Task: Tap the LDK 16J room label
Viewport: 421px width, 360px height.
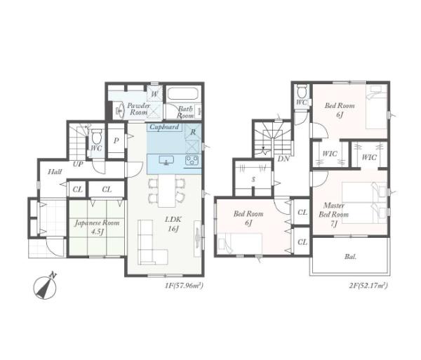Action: click(173, 224)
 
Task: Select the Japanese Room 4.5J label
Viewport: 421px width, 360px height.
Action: click(97, 227)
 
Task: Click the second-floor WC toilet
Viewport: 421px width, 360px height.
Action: click(302, 91)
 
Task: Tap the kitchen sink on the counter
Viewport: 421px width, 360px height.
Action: click(166, 160)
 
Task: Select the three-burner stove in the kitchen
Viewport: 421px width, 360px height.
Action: click(192, 160)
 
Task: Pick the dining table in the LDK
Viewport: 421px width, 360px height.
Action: click(166, 191)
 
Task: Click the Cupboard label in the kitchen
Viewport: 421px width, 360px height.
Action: click(164, 127)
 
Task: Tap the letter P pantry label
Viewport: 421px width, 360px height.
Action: click(116, 140)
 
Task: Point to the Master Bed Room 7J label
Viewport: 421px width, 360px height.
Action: click(334, 215)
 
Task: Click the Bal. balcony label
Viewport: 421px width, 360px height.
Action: click(351, 257)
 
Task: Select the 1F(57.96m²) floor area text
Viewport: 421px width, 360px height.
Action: click(184, 286)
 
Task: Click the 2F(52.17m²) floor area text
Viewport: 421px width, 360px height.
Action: click(368, 286)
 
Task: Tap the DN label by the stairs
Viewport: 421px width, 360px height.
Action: click(283, 159)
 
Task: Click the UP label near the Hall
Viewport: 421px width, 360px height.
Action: click(78, 164)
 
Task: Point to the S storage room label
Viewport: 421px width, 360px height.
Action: click(253, 180)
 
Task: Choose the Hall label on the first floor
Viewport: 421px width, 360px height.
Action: click(55, 171)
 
